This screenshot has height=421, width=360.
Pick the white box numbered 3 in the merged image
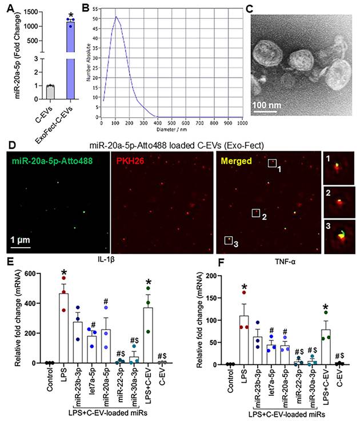(x=228, y=240)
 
